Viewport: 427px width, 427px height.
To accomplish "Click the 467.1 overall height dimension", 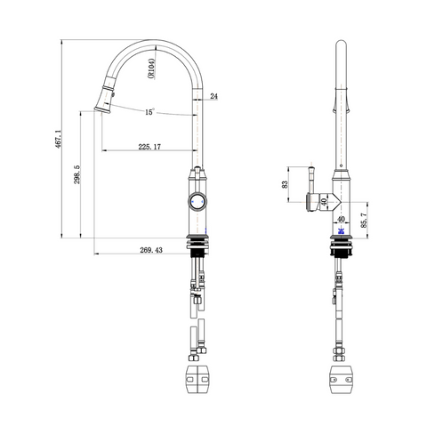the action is pos(58,139).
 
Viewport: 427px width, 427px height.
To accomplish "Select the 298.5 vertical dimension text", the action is pos(77,174).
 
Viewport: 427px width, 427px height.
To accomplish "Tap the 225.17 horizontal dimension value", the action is pos(149,147).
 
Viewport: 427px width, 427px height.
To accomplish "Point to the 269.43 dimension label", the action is pos(151,250).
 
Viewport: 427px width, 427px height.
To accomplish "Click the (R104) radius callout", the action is pos(151,68).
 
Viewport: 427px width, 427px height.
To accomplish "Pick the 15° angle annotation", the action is pos(150,112).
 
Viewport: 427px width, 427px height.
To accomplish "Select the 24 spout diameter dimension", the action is pos(213,96).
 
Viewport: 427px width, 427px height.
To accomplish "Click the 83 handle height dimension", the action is pos(285,184).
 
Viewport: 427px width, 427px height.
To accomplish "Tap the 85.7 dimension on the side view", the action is pos(364,221).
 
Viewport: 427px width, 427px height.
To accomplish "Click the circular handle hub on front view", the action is pos(197,202).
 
